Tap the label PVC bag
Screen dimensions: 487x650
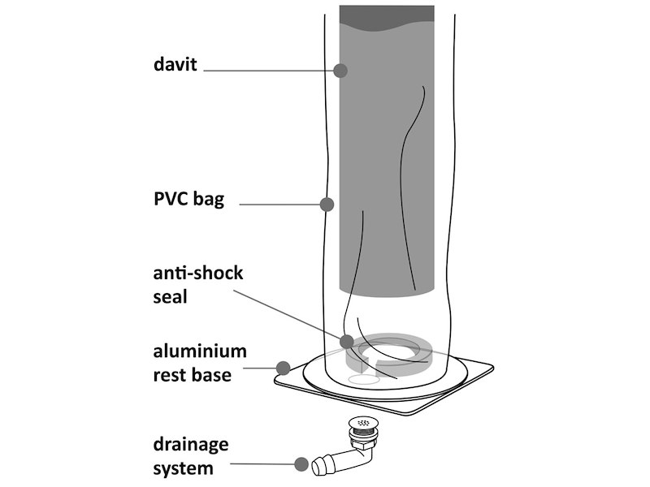[x=188, y=200]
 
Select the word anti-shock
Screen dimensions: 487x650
[x=197, y=273]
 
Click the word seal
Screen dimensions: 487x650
[x=170, y=296]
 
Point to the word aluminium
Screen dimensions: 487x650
[x=200, y=352]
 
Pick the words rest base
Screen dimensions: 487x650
[x=193, y=375]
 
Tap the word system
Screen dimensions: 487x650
[x=183, y=468]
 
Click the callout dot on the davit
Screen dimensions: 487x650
[x=340, y=71]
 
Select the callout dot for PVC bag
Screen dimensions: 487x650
[x=327, y=203]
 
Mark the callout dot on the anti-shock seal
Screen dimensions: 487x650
[x=346, y=342]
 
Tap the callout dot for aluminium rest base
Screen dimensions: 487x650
[x=284, y=368]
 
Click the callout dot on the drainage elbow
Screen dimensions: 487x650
[x=299, y=465]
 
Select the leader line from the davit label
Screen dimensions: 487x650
[x=268, y=71]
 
